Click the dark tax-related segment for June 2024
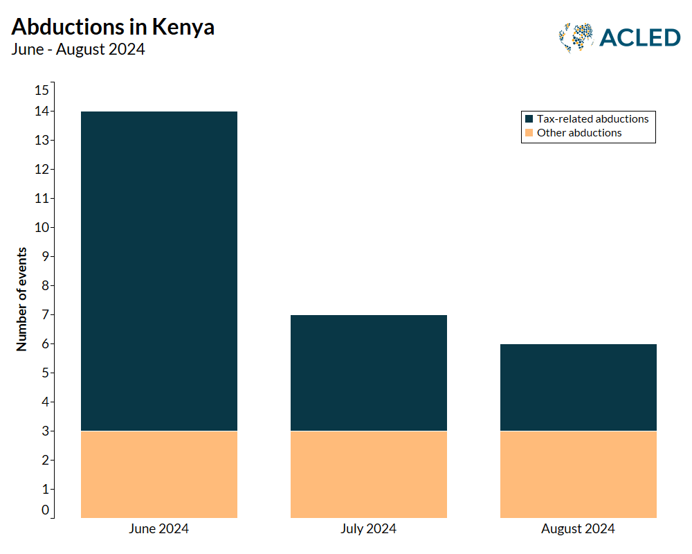pos(159,271)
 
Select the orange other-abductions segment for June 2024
pos(159,474)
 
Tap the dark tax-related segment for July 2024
pos(369,373)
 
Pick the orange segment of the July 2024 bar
pos(369,474)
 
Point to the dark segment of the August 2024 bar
pos(578,387)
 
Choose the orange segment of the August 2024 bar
pos(578,474)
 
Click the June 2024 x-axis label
pos(158,529)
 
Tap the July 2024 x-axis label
pos(368,529)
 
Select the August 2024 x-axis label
pos(578,529)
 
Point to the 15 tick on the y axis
pos(42,90)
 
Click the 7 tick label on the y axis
pos(45,315)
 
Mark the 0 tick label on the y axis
pos(45,510)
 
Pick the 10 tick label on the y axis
pos(42,228)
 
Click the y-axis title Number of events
pos(21,299)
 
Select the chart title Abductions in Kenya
pos(113,27)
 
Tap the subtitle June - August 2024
pos(78,49)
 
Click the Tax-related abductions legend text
pos(592,119)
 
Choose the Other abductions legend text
pos(579,133)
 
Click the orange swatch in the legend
pos(529,133)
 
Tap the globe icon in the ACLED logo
pos(576,38)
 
